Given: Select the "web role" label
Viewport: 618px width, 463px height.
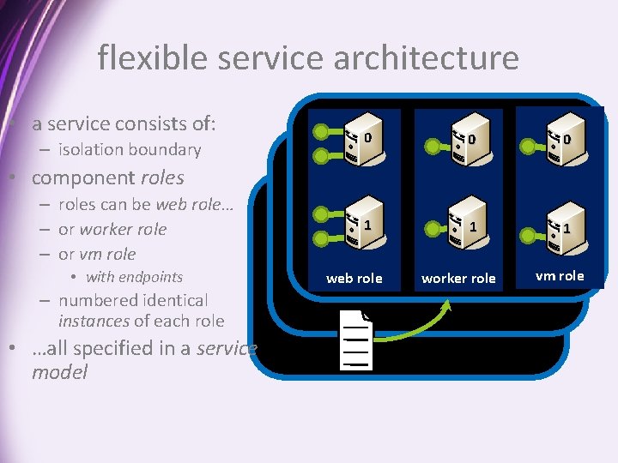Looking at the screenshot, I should (354, 278).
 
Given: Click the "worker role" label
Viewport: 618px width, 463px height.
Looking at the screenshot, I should (458, 278).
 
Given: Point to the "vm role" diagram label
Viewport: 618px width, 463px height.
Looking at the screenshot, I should (560, 275).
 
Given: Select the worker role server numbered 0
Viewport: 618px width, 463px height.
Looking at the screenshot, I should (463, 144).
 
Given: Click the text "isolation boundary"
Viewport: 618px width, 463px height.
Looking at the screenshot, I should (130, 150).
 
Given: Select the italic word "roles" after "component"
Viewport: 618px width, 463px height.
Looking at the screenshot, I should (161, 178).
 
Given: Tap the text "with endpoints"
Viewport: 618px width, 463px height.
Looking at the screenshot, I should (134, 277).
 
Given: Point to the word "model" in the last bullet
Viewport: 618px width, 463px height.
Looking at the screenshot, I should (59, 373).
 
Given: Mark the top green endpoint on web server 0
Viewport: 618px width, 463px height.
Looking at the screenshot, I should (321, 132).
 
